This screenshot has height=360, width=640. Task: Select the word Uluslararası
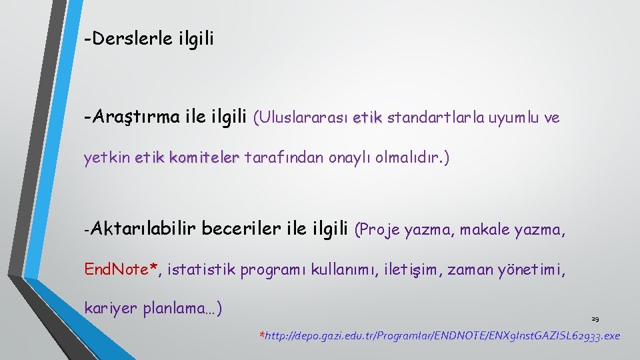click(x=301, y=118)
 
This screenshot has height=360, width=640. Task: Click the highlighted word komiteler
click(x=204, y=159)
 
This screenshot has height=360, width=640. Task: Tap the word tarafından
click(x=285, y=159)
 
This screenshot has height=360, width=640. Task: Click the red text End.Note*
click(x=121, y=269)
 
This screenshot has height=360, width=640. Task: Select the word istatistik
click(x=201, y=269)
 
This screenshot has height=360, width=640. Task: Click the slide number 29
click(x=595, y=319)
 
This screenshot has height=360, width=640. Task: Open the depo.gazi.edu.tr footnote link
click(x=442, y=335)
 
